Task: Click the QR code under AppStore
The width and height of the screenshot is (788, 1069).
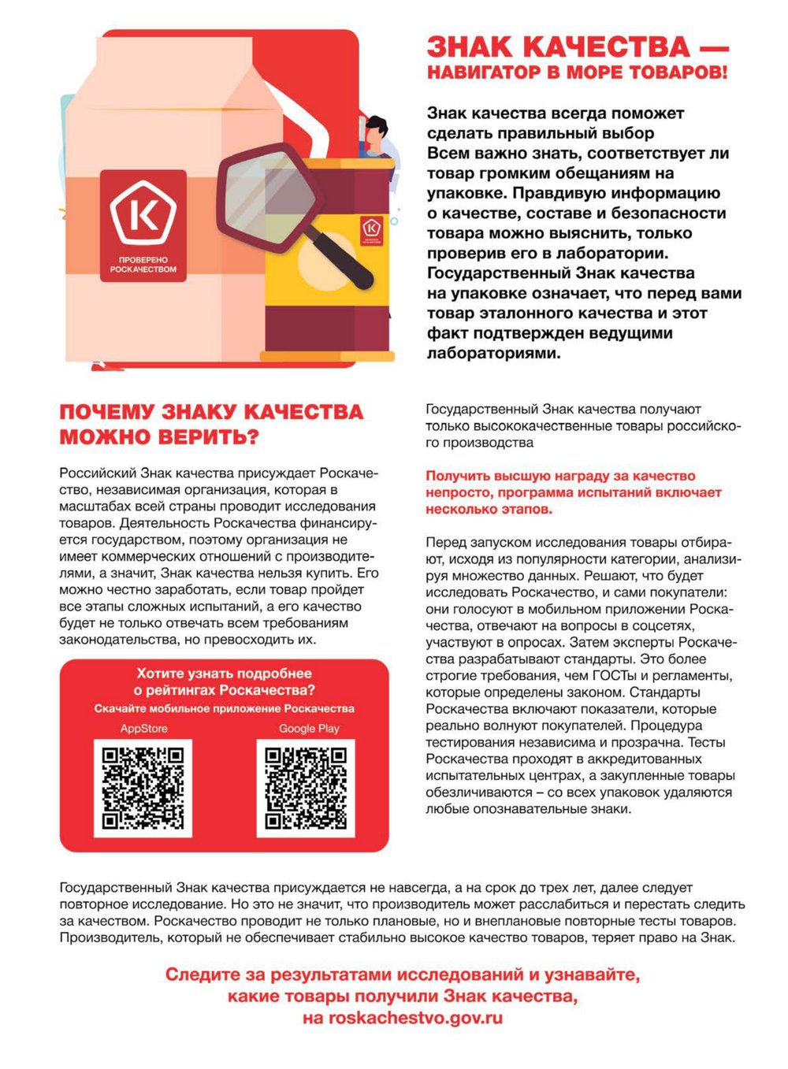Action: coord(143,788)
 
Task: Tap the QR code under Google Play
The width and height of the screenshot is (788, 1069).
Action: coord(306,788)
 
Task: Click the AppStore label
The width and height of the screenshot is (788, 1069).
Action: coord(143,729)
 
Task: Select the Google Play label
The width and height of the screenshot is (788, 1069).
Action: coord(309,729)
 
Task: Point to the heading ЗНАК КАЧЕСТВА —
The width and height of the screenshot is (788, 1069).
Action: coord(577,47)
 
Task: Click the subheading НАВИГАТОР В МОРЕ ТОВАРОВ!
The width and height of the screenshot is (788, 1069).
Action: coord(577,72)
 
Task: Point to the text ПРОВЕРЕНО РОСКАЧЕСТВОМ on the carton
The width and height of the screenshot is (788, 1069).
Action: coord(143,265)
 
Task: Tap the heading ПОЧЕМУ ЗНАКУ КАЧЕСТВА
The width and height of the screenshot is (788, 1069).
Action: coord(211,412)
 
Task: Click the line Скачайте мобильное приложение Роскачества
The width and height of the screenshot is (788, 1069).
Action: coord(225,708)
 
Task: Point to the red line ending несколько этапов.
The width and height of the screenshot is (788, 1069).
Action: coord(489,509)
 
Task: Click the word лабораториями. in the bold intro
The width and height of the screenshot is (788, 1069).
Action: coord(493,353)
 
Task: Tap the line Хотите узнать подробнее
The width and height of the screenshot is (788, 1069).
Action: coord(225,674)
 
